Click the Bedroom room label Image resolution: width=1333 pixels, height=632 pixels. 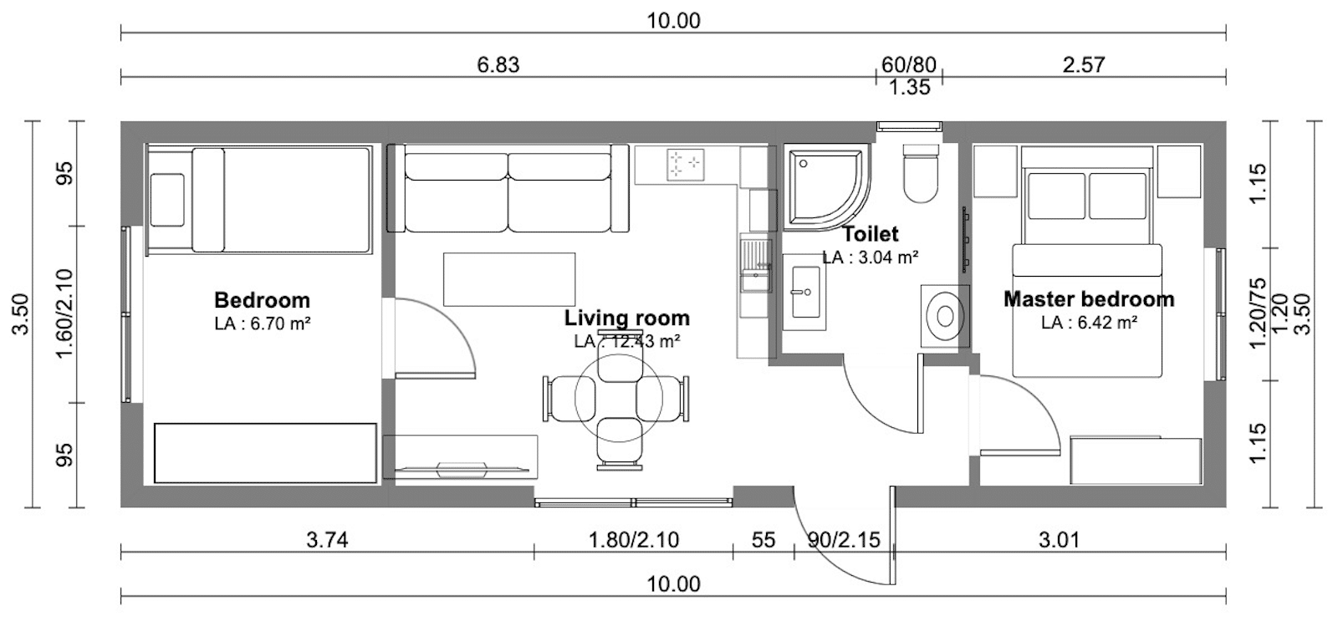[262, 300]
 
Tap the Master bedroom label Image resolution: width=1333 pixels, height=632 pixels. [1089, 298]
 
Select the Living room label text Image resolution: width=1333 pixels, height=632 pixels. [627, 318]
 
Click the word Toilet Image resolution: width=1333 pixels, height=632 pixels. [870, 234]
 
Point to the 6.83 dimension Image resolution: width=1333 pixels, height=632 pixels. [498, 64]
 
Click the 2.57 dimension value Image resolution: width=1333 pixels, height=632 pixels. [1084, 64]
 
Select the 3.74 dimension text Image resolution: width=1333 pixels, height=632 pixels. [327, 540]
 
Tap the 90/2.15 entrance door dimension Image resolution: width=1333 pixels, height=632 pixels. [843, 540]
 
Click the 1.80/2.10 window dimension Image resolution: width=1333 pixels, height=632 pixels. [633, 540]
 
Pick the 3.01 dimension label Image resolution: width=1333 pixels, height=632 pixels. [1059, 540]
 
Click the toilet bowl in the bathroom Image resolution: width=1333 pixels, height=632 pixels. [921, 173]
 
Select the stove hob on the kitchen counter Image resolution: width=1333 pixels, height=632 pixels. [686, 164]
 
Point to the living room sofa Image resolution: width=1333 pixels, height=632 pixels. [508, 188]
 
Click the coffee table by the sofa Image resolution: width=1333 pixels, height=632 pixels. [508, 279]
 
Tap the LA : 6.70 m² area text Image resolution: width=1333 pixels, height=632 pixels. [263, 324]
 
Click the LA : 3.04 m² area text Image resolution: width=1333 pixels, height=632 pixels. [870, 257]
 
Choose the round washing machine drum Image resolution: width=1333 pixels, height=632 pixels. [946, 316]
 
